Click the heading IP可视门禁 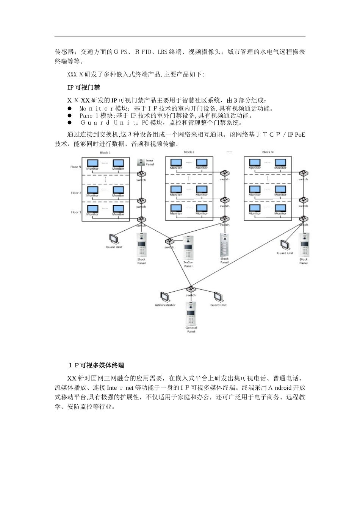click(x=84, y=87)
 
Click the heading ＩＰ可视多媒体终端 click(x=96, y=365)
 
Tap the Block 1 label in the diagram click(x=105, y=153)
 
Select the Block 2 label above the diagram click(x=189, y=152)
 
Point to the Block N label click(x=268, y=152)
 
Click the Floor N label click(x=76, y=167)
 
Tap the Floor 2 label click(x=76, y=193)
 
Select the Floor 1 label click(x=76, y=212)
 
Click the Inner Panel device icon click(x=141, y=162)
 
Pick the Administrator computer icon click(x=164, y=297)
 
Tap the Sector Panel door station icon click(x=188, y=248)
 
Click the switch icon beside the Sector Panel click(x=169, y=241)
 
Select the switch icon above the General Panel click(x=191, y=290)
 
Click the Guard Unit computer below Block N click(x=285, y=245)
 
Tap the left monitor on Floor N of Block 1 click(x=92, y=163)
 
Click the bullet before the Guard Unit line click(x=70, y=123)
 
